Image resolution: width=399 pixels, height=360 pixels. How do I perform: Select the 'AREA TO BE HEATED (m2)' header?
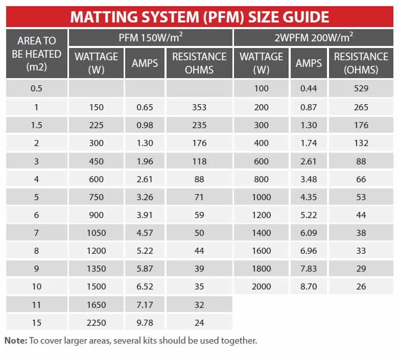pyautogui.click(x=36, y=54)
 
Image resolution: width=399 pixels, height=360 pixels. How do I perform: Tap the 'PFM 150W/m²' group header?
pyautogui.click(x=150, y=37)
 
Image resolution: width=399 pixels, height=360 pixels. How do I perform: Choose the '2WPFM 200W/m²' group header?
pyautogui.click(x=315, y=37)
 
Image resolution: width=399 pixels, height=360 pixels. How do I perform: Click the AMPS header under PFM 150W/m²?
pyautogui.click(x=145, y=63)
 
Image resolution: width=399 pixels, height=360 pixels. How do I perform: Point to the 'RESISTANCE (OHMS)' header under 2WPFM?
pyautogui.click(x=361, y=63)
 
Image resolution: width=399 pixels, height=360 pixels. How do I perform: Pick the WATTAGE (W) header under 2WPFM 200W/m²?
pyautogui.click(x=261, y=63)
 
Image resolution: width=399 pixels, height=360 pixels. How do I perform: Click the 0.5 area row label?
pyautogui.click(x=36, y=88)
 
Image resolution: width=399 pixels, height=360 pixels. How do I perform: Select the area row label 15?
pyautogui.click(x=36, y=323)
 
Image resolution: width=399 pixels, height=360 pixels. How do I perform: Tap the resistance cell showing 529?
pyautogui.click(x=361, y=89)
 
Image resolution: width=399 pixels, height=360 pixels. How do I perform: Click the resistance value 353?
pyautogui.click(x=199, y=107)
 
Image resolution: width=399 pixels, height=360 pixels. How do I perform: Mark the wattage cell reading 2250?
pyautogui.click(x=96, y=323)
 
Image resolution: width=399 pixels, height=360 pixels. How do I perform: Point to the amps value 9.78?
pyautogui.click(x=145, y=323)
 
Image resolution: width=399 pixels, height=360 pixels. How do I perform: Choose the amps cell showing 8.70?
pyautogui.click(x=309, y=286)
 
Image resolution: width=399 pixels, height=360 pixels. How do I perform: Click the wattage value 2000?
pyautogui.click(x=261, y=286)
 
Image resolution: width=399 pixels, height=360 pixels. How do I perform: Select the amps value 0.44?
pyautogui.click(x=309, y=89)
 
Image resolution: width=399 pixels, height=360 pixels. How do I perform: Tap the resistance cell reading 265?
pyautogui.click(x=361, y=107)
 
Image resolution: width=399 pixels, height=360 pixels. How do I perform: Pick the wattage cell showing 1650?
pyautogui.click(x=96, y=305)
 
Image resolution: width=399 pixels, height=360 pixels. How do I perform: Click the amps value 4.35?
pyautogui.click(x=309, y=197)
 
